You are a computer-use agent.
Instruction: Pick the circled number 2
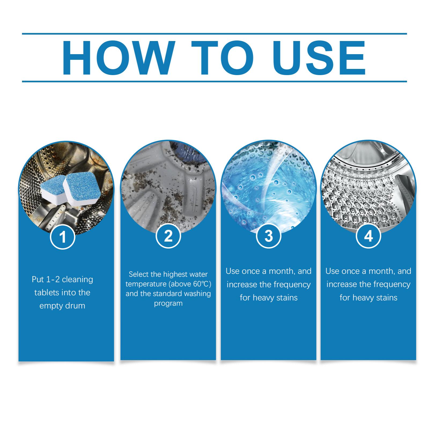(x=168, y=236)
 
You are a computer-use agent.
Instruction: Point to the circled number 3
(x=269, y=236)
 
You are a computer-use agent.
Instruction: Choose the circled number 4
(x=369, y=236)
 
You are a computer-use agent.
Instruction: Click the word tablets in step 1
(x=49, y=292)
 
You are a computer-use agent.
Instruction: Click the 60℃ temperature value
(x=201, y=284)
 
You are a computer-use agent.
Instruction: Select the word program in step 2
(x=168, y=304)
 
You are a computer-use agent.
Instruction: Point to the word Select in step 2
(x=138, y=274)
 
